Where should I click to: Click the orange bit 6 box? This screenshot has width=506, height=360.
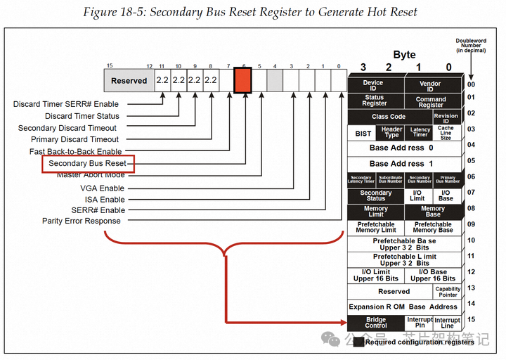click(243, 80)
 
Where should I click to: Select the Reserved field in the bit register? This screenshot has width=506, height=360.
click(129, 80)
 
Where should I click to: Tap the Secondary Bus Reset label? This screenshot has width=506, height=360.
click(87, 163)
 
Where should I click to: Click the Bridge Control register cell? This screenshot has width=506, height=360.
click(375, 323)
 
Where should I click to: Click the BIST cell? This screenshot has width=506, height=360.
click(363, 133)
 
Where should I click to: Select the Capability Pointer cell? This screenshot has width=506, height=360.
click(447, 291)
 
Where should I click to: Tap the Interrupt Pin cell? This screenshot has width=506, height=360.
click(420, 323)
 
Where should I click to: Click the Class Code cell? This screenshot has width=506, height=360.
click(388, 117)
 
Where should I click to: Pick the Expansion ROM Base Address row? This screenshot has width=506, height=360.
click(403, 307)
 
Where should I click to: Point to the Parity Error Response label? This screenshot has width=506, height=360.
click(81, 221)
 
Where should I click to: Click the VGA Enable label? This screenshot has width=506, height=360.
click(102, 188)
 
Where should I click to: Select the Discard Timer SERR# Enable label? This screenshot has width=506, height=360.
click(66, 105)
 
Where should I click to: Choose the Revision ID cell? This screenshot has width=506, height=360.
click(446, 117)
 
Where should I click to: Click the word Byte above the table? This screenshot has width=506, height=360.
click(403, 55)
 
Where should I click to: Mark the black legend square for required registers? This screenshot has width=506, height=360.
click(358, 342)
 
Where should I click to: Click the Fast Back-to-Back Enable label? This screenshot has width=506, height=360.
click(75, 152)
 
